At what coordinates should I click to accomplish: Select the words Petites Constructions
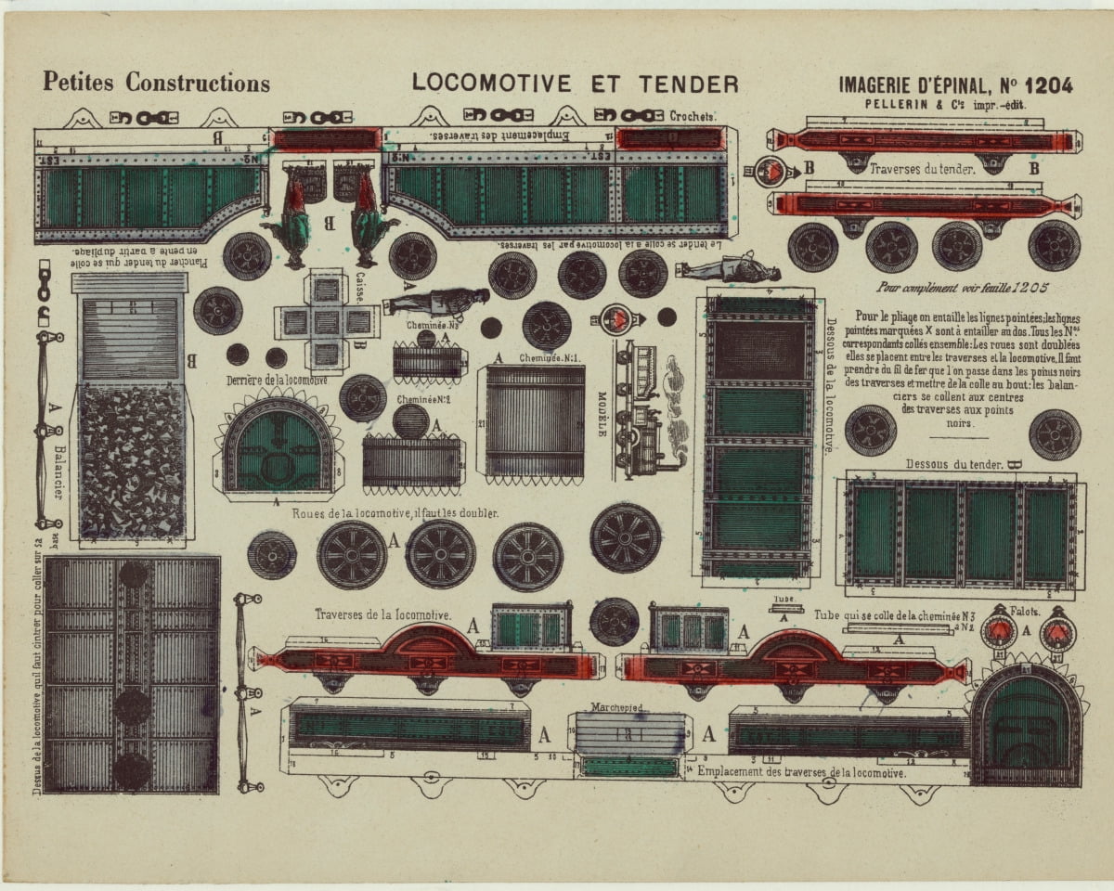pyautogui.click(x=156, y=83)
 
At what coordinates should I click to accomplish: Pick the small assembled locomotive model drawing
pyautogui.click(x=646, y=409)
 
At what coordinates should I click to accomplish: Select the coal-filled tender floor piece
pyautogui.click(x=131, y=460)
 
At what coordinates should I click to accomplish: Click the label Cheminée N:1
pyautogui.click(x=550, y=358)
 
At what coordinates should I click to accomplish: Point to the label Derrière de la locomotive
pyautogui.click(x=277, y=381)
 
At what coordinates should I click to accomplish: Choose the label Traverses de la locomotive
pyautogui.click(x=382, y=614)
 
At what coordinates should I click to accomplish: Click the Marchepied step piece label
pyautogui.click(x=617, y=707)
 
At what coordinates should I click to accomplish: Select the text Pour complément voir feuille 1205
pyautogui.click(x=969, y=288)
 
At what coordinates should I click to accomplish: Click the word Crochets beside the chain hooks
pyautogui.click(x=693, y=116)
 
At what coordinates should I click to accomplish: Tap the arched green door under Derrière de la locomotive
pyautogui.click(x=278, y=450)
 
